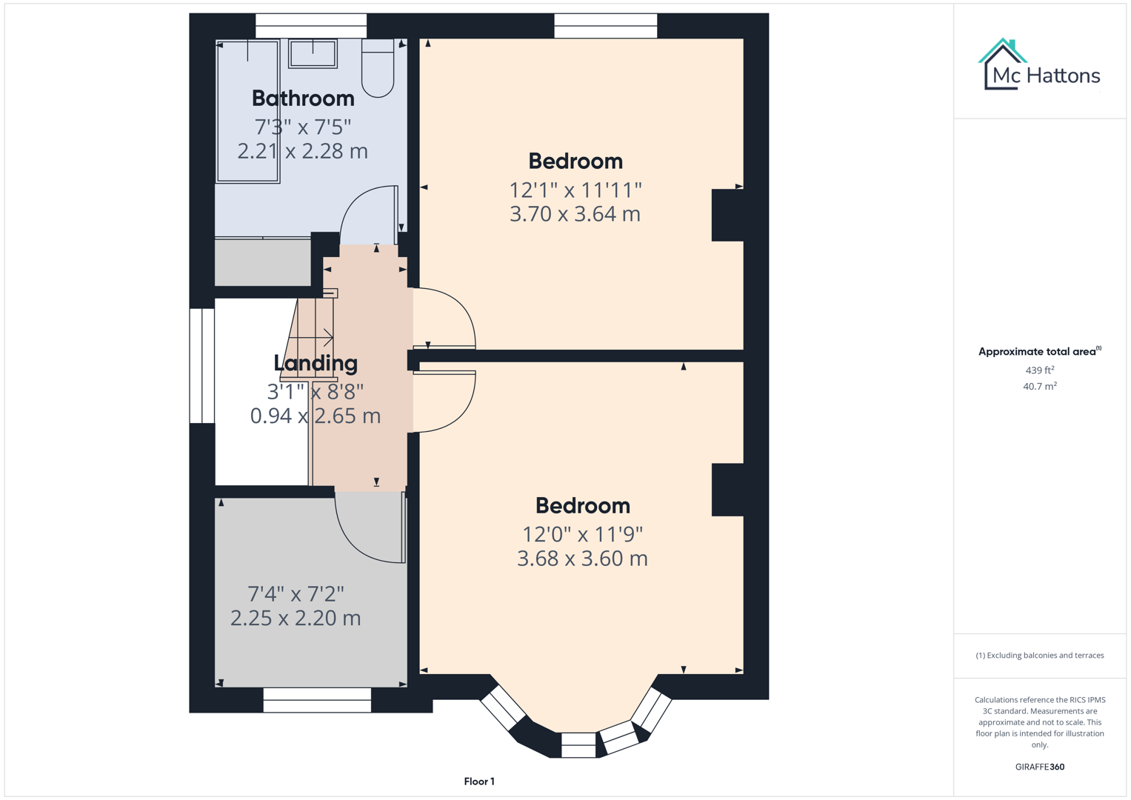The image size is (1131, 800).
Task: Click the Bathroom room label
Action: point(303,98)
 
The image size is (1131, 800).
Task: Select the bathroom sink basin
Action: point(313,53)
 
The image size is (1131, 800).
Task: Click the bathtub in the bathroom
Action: point(247,111)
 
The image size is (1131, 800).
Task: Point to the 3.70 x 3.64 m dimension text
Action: point(575,214)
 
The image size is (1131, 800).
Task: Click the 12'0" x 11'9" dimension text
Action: point(582,534)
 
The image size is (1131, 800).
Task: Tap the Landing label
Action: point(316,363)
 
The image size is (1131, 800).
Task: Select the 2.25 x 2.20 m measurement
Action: point(296,618)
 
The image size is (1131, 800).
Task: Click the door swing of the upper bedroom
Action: point(448,319)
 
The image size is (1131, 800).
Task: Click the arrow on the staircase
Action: point(326,338)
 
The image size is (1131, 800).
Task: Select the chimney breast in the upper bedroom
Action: point(727,215)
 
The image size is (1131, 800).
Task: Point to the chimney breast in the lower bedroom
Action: point(727,490)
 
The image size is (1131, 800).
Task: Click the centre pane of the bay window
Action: point(578,744)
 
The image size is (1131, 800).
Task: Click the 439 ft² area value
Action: point(1039,370)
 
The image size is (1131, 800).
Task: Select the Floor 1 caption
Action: point(479,781)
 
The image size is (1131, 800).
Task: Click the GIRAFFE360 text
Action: point(1039,767)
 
